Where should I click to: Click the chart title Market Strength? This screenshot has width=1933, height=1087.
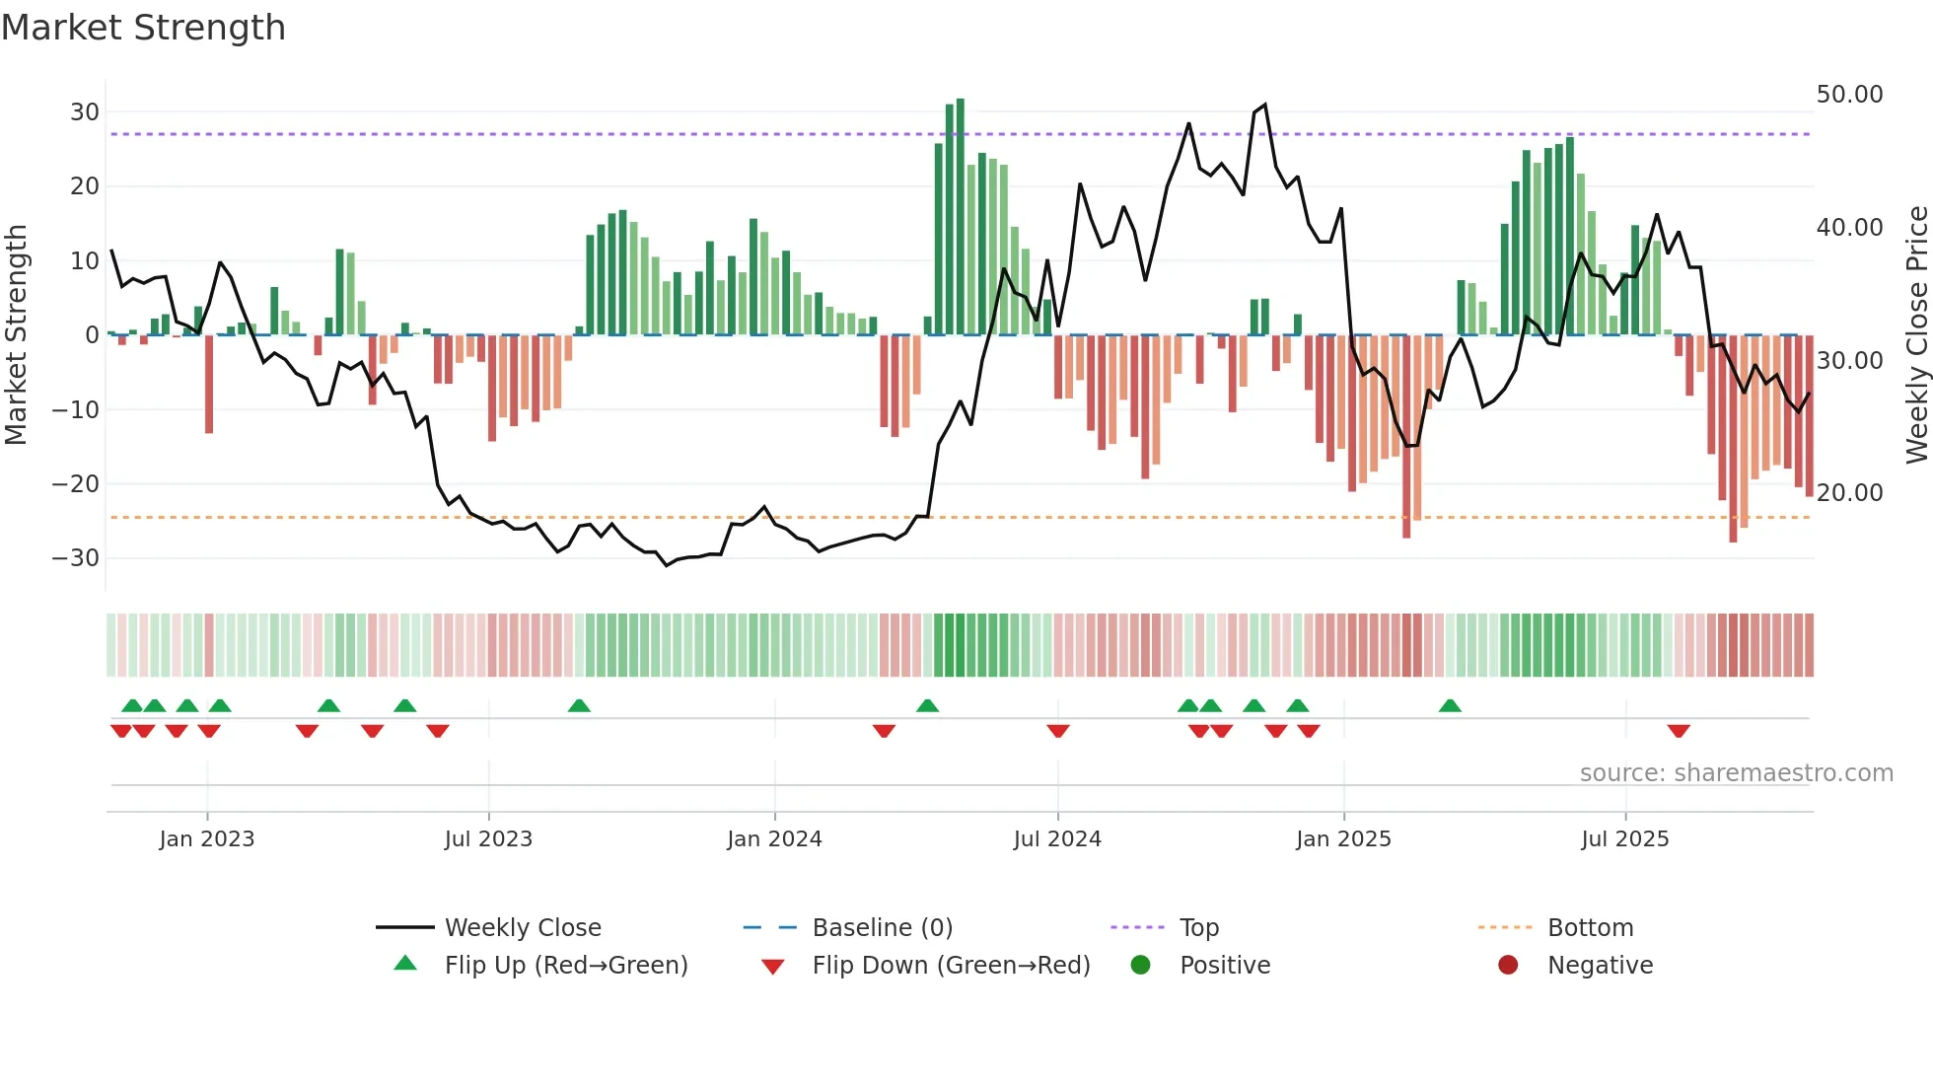(x=143, y=28)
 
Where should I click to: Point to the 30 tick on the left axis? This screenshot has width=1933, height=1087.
(x=85, y=112)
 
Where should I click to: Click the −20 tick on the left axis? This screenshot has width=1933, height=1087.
(x=76, y=484)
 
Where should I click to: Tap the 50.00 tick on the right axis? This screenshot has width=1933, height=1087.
(x=1849, y=95)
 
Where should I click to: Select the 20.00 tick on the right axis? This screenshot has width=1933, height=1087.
(x=1849, y=493)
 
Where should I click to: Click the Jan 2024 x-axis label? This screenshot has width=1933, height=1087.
(x=774, y=839)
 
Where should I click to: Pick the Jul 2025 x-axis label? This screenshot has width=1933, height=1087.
(x=1624, y=839)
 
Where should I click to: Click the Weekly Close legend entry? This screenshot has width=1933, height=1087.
(x=522, y=928)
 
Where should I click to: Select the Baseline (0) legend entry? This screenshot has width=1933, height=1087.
(x=882, y=928)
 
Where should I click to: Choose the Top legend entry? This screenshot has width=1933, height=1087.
(x=1198, y=928)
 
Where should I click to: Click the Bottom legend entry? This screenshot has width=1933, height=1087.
(x=1590, y=928)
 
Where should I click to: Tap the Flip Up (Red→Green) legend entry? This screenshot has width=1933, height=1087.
(x=565, y=966)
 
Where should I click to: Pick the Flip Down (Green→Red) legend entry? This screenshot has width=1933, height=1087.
(x=951, y=966)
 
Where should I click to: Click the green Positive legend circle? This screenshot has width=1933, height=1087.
(x=1141, y=966)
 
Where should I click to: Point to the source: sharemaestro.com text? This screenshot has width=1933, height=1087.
(x=1736, y=773)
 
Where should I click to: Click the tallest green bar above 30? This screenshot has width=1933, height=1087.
(x=961, y=217)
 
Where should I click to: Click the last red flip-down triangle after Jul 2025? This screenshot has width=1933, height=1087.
(x=1679, y=731)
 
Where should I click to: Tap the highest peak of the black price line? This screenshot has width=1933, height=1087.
(x=1264, y=105)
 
